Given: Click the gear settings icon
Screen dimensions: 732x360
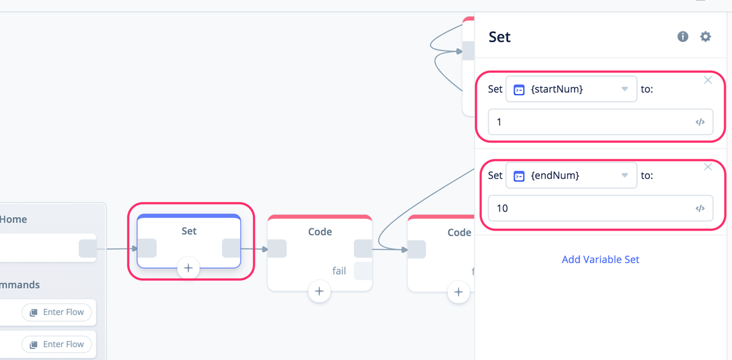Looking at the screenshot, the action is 706,36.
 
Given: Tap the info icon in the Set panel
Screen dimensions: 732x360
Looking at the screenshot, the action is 683,36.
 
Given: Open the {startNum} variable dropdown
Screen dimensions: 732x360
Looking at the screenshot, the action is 571,89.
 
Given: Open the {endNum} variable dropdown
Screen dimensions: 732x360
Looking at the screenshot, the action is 571,175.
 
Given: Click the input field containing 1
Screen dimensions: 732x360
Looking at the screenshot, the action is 600,122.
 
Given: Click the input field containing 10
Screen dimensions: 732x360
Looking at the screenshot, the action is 600,208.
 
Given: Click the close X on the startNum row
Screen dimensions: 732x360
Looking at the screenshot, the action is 708,80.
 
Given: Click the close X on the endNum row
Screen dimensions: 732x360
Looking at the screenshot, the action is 708,167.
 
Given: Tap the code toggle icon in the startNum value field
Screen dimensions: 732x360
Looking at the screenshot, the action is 700,122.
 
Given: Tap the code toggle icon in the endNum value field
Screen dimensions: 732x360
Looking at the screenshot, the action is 700,208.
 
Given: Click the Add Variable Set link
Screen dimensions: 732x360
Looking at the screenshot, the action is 600,259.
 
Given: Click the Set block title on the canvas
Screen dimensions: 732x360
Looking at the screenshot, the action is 189,231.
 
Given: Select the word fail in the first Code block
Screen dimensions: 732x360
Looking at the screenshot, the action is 339,271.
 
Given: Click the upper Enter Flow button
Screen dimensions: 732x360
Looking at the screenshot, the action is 57,312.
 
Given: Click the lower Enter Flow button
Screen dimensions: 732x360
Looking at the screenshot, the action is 57,344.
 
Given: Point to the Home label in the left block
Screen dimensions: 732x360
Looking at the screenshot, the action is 13,219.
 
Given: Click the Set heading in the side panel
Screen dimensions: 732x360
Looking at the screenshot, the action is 500,37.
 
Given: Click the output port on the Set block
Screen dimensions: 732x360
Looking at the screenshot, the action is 231,248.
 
